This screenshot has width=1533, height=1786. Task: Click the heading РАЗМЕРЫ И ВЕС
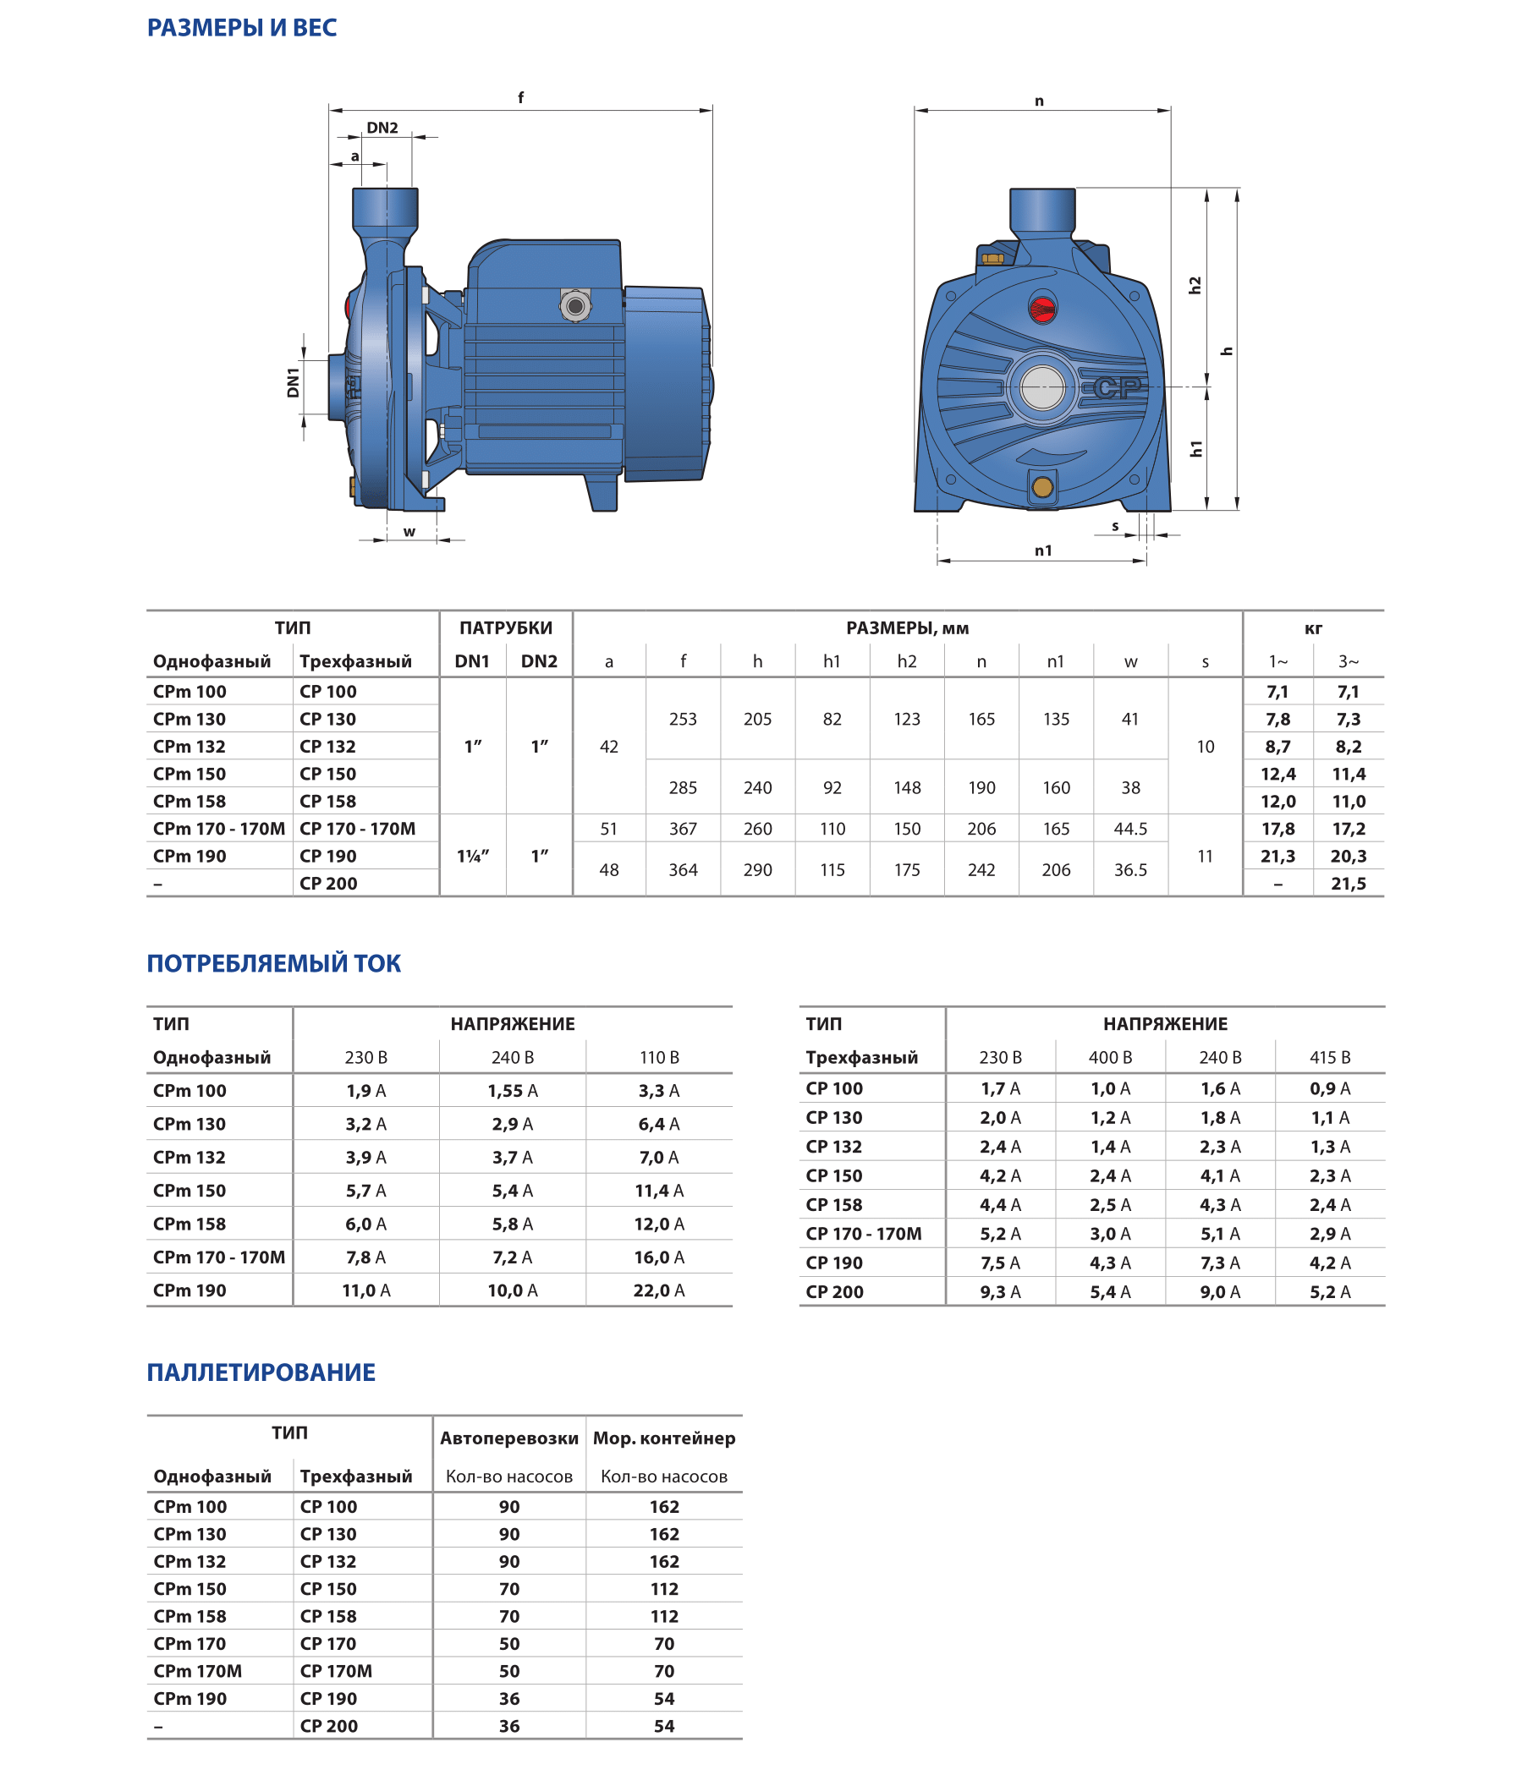241,28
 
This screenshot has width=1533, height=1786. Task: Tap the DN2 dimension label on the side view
382,128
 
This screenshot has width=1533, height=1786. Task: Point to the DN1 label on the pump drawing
294,382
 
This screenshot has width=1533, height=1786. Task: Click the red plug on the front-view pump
1042,308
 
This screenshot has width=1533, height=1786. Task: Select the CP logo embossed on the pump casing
1118,388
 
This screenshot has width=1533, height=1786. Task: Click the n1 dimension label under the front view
1043,550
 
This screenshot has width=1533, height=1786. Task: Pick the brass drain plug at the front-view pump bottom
1042,487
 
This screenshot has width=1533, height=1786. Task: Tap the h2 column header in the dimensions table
906,661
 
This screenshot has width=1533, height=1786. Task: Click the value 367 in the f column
683,829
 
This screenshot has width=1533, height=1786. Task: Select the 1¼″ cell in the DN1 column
472,856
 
